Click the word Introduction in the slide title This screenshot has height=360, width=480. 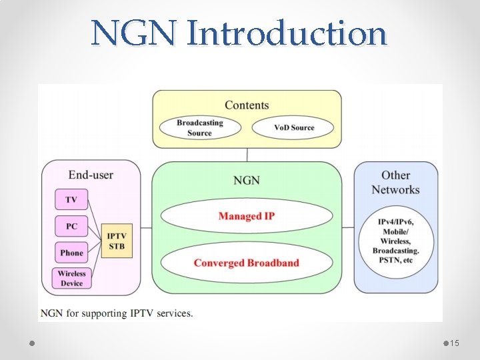point(287,33)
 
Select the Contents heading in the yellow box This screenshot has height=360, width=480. point(247,105)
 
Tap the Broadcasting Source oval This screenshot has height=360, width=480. point(199,127)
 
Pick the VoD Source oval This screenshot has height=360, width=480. point(293,127)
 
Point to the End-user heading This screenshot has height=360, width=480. point(91,175)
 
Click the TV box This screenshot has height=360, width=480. point(71,200)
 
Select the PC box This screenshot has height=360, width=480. point(71,227)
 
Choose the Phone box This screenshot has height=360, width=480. point(71,253)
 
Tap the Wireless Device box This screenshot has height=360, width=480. point(71,278)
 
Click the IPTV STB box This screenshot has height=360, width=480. point(116,241)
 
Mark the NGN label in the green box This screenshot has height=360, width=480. point(247,181)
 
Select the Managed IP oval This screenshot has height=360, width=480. point(247,216)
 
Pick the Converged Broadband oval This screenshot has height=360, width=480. point(247,263)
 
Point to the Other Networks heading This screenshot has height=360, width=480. point(395,182)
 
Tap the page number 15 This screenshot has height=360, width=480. point(455,343)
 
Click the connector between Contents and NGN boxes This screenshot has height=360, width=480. point(247,155)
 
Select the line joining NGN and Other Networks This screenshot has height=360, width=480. point(347,227)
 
